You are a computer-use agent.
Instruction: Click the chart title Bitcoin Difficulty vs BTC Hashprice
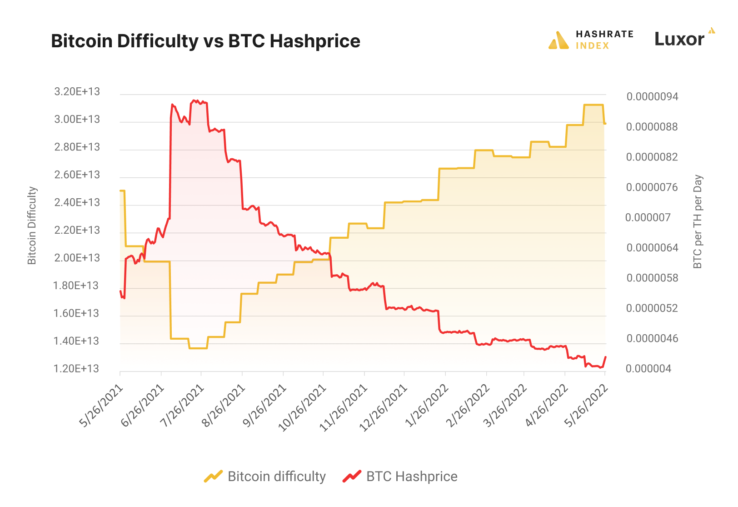205,41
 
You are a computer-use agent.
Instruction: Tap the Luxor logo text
679,40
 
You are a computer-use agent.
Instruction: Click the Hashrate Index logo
591,40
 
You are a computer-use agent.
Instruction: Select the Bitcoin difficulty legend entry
265,476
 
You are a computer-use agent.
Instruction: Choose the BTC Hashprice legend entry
400,476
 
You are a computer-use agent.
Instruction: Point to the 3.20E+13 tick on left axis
77,92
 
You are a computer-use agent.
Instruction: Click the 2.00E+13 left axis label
77,258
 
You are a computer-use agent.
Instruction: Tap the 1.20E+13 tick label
76,368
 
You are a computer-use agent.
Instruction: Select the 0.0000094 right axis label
652,96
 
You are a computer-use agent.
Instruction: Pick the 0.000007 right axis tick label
648,217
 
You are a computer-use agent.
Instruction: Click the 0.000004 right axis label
648,368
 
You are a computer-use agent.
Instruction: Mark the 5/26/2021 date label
101,406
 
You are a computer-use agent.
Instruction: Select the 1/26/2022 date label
426,406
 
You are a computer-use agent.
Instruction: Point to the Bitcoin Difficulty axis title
32,226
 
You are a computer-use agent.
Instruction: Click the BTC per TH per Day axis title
698,221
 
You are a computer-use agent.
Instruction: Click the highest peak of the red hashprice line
194,100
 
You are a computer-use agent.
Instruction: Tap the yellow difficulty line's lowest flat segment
198,348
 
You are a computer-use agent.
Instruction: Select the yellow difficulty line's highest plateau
593,105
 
